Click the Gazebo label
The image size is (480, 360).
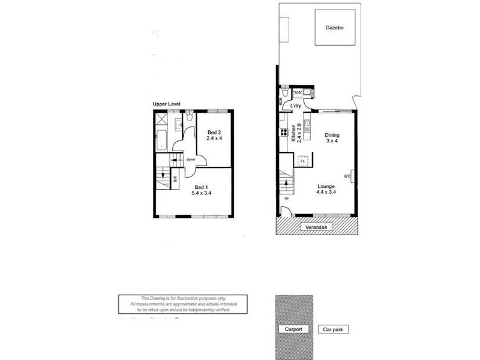[x=335, y=28]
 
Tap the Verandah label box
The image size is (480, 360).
[x=317, y=227]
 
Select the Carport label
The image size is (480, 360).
[x=293, y=329]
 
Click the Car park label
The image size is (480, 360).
[x=333, y=329]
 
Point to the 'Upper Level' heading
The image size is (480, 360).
[x=167, y=104]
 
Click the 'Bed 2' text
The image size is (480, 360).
[x=214, y=133]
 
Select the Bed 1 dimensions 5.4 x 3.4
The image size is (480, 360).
[x=201, y=193]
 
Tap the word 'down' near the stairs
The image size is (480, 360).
[x=191, y=160]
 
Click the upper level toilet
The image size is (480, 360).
[x=189, y=118]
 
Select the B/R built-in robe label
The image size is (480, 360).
[x=175, y=178]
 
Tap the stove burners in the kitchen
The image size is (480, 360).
[x=281, y=133]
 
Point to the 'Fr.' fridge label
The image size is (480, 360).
[x=302, y=161]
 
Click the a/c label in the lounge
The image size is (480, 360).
[x=347, y=176]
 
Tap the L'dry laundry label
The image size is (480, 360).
[x=295, y=106]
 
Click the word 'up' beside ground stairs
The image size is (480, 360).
[x=286, y=198]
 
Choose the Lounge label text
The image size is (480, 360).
[x=326, y=187]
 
